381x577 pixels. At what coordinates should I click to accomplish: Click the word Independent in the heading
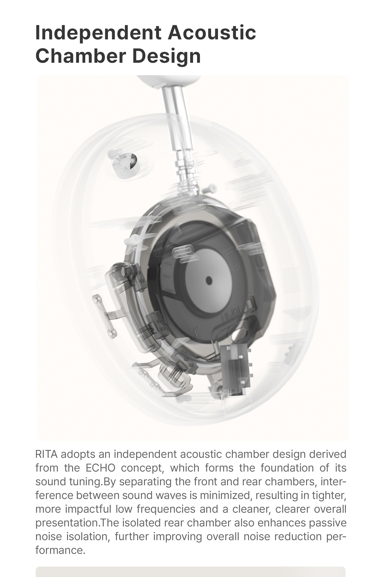click(x=98, y=33)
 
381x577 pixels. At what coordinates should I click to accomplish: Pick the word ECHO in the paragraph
click(x=100, y=468)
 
